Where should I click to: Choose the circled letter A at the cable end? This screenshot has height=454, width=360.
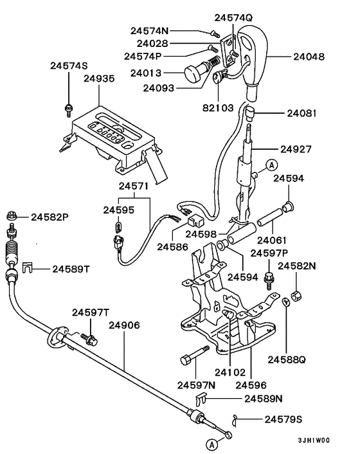coord(212,444)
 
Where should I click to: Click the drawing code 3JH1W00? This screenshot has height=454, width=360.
coord(313,441)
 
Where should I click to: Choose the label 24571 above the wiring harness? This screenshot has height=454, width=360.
coord(134,186)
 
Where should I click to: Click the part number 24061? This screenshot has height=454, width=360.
coord(271,241)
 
